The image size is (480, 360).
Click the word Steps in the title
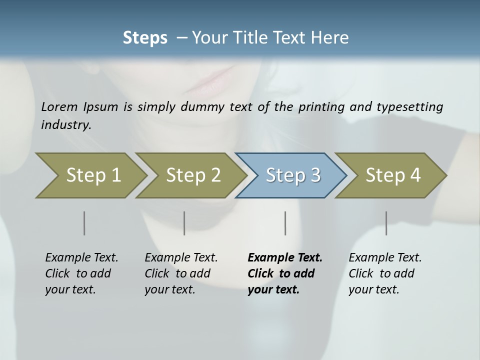pos(145,38)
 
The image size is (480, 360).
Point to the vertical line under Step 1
pos(84,223)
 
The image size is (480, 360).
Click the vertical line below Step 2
pos(184,223)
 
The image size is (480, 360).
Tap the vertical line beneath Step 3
pos(285,223)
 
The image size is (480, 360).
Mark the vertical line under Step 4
pos(386,223)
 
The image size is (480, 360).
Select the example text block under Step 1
pos(81,273)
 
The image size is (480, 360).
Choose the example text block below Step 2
pos(181,273)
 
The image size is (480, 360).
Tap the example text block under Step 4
pos(385,273)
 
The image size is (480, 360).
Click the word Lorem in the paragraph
pos(60,107)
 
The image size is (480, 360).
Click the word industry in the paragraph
pos(65,125)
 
